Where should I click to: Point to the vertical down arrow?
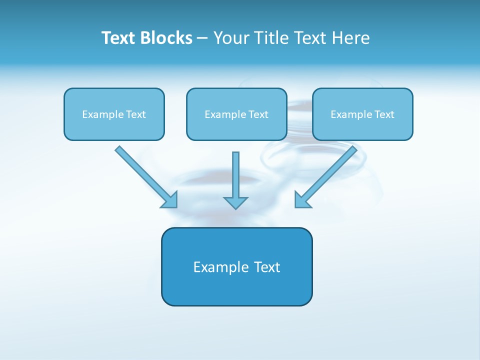coord(235,177)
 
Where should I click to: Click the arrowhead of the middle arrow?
coord(235,202)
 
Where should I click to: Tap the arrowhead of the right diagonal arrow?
coord(301,200)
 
